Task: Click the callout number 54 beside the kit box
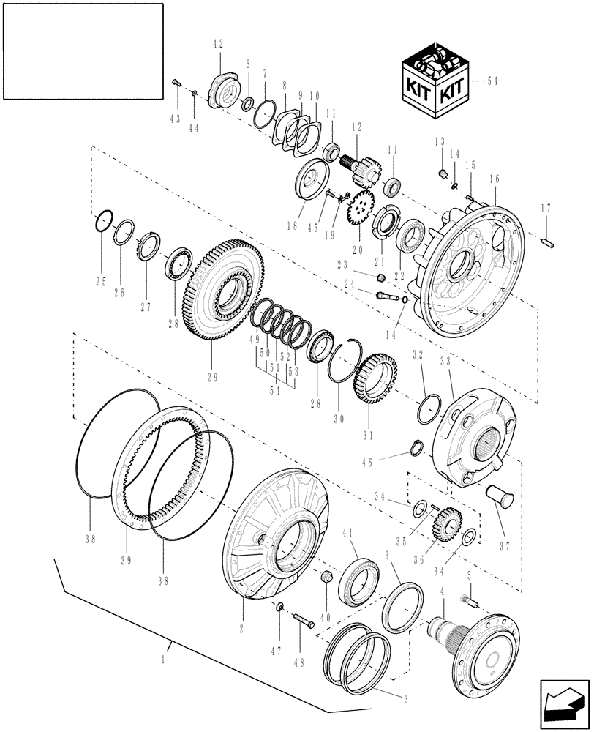pos(492,81)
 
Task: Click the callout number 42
pos(218,45)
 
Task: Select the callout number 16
pos(495,179)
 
